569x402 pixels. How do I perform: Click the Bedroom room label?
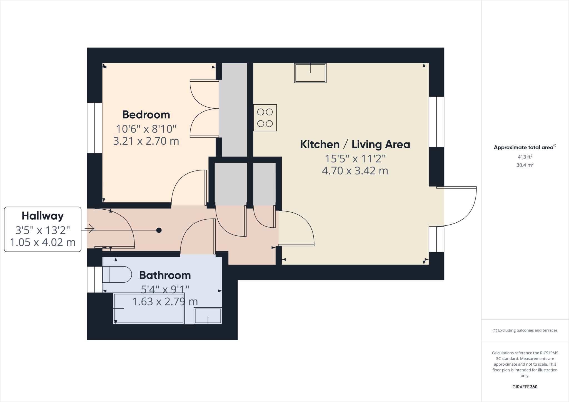(x=146, y=115)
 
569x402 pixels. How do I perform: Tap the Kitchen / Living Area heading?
(x=355, y=144)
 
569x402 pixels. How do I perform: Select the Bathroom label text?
(x=165, y=275)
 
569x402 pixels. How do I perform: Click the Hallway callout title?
(x=43, y=216)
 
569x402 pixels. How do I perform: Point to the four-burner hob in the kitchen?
(x=265, y=118)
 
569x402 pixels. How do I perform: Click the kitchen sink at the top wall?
(x=310, y=73)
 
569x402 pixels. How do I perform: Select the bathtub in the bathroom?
(x=149, y=308)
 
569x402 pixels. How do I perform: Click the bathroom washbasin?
(x=208, y=316)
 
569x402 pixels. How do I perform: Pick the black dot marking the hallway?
(x=159, y=230)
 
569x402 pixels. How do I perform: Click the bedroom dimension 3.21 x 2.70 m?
(x=146, y=141)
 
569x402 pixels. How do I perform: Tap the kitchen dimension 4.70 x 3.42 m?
(x=355, y=171)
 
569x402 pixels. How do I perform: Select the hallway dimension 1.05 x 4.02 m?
(x=43, y=242)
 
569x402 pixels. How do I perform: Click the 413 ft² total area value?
(x=525, y=157)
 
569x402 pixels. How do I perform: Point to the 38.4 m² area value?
(x=525, y=165)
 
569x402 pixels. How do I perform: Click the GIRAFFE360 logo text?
(x=525, y=387)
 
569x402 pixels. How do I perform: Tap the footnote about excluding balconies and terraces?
(x=525, y=330)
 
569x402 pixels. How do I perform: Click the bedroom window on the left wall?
(x=95, y=128)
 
